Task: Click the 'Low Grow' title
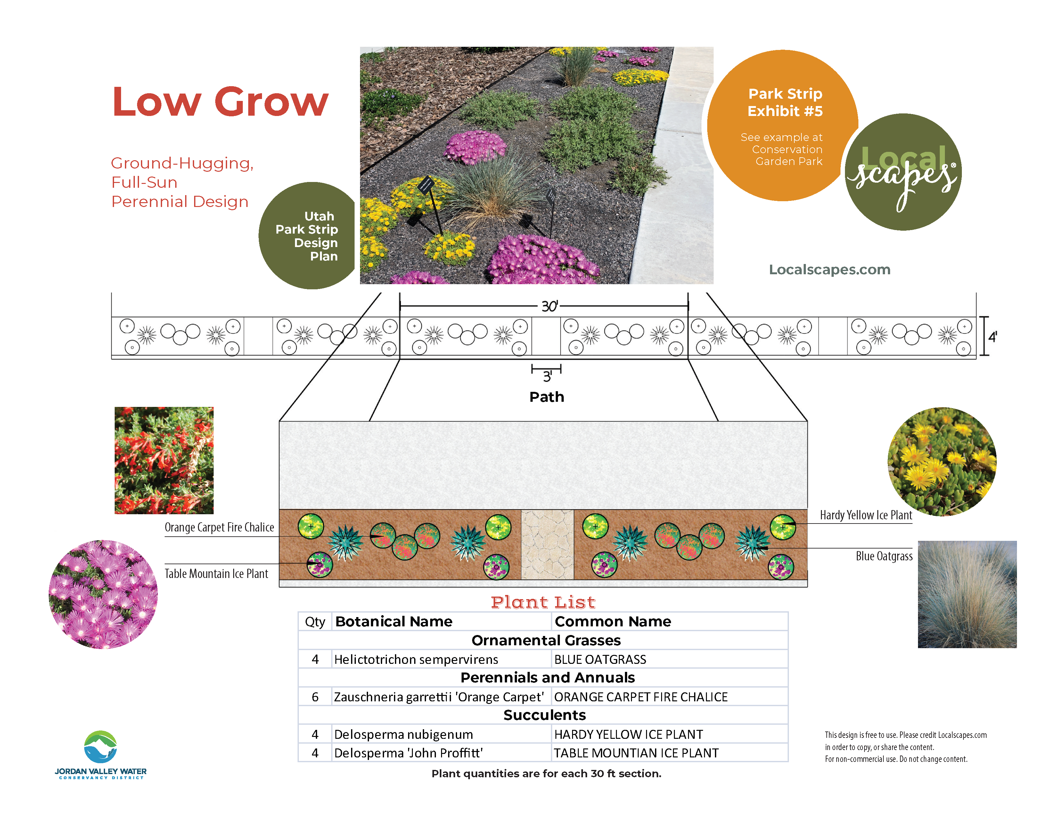(220, 102)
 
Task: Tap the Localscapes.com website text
(830, 269)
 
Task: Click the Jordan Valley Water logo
(101, 754)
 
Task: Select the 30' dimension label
(550, 306)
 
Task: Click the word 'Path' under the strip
(547, 397)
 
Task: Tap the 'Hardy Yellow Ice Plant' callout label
(866, 515)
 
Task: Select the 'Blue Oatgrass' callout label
(884, 556)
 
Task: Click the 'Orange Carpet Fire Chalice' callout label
(219, 527)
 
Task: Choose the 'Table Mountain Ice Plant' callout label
(216, 574)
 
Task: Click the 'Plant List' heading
(543, 602)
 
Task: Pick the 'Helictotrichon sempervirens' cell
(416, 659)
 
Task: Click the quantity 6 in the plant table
(315, 697)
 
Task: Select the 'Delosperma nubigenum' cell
(404, 734)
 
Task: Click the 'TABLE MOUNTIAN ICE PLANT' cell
(636, 753)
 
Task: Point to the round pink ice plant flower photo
(103, 594)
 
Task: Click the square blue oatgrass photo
(967, 594)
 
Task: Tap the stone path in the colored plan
(547, 544)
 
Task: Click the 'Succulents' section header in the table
(545, 715)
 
